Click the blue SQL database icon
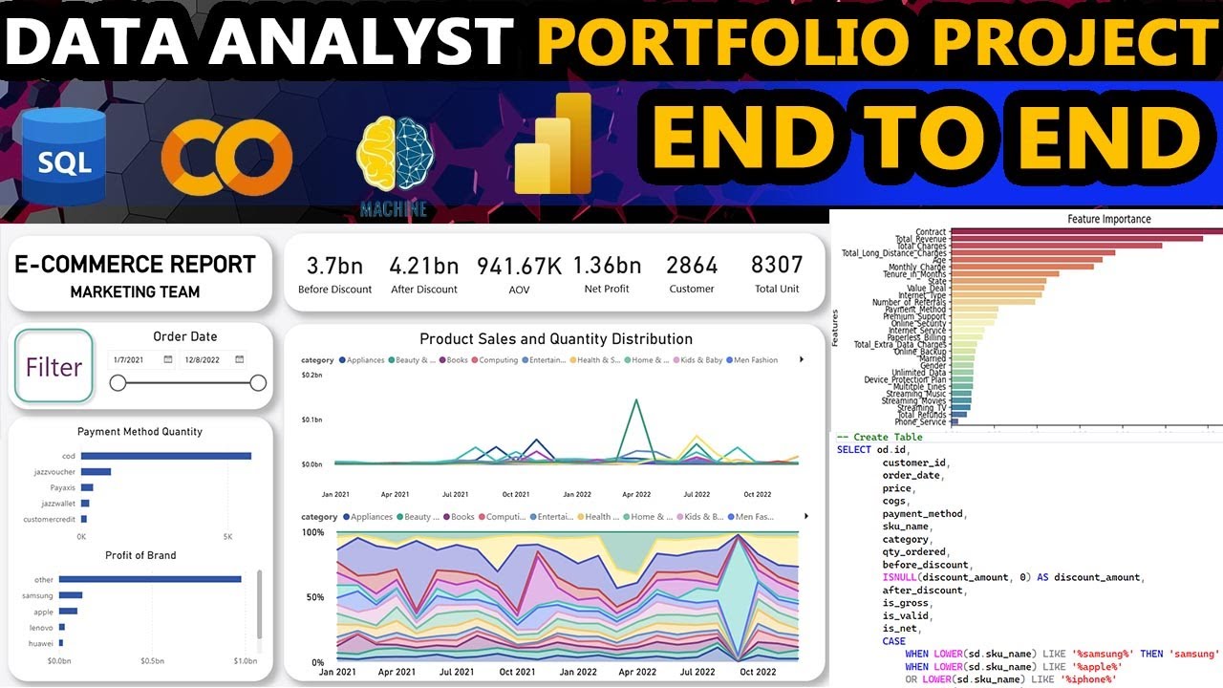click(x=66, y=157)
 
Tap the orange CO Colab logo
click(x=226, y=158)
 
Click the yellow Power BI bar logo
click(x=554, y=145)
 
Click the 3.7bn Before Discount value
click(x=334, y=266)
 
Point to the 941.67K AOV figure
click(x=519, y=266)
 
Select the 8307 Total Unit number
click(x=776, y=265)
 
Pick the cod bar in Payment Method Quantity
click(x=166, y=456)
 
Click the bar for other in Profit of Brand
click(x=150, y=579)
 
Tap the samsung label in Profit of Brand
click(x=37, y=595)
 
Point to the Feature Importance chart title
click(x=1109, y=219)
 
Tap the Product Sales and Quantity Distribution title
click(x=556, y=338)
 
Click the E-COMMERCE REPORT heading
click(x=135, y=265)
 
